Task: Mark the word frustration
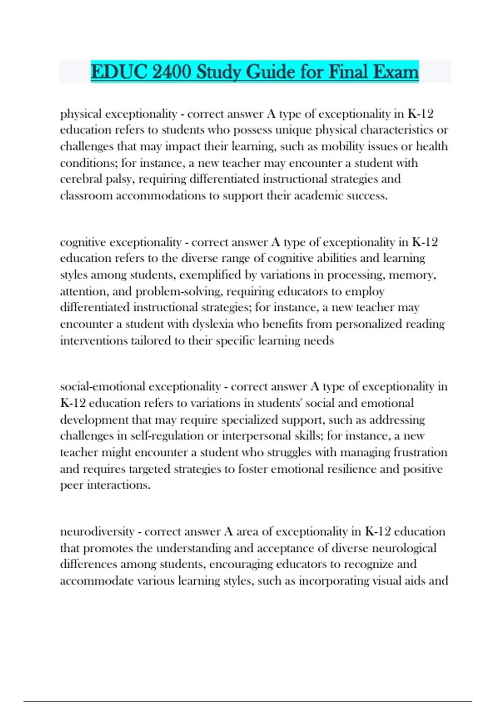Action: point(420,452)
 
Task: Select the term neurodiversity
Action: point(97,531)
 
